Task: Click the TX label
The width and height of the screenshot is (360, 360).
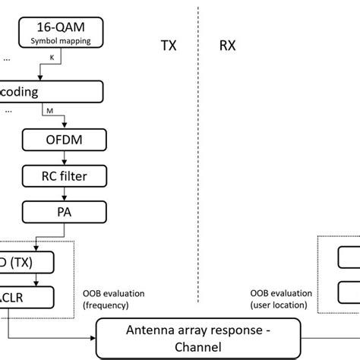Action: pos(169,46)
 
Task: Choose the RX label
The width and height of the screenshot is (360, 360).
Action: pos(228,46)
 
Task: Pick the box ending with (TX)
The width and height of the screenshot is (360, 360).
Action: pos(27,263)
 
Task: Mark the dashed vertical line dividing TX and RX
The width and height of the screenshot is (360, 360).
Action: pos(199,152)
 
